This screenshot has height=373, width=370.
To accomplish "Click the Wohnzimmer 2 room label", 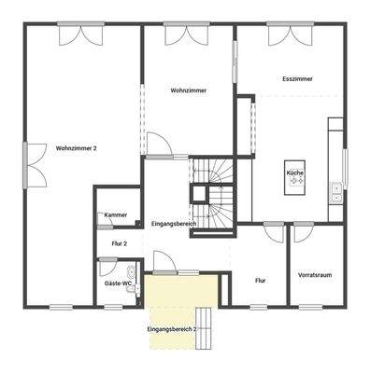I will tap(77, 148).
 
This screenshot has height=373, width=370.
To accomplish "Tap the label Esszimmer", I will tap(297, 80).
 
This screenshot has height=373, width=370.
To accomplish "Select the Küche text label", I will tap(294, 173).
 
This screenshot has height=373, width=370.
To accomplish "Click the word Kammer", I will tap(116, 214).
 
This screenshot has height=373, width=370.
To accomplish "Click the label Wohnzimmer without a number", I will tap(188, 90).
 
